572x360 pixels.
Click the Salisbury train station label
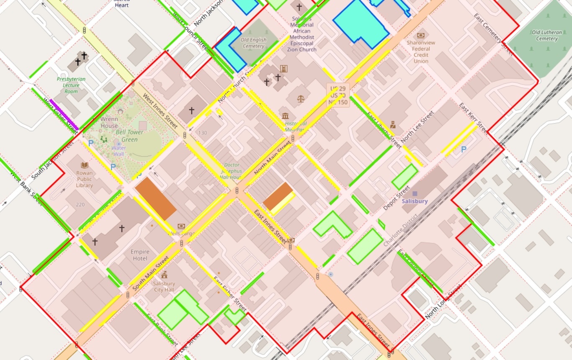click(415, 201)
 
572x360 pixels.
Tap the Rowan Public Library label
click(85, 179)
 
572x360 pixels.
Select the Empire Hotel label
click(140, 255)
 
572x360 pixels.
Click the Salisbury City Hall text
click(164, 286)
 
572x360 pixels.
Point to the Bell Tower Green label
click(129, 136)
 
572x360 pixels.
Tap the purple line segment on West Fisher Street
click(64, 115)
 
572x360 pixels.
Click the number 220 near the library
click(80, 205)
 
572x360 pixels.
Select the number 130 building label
click(203, 133)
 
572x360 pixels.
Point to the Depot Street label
click(397, 198)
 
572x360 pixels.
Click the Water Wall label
click(119, 151)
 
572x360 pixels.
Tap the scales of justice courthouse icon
click(301, 99)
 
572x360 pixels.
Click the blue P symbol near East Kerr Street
click(464, 149)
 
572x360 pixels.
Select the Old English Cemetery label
click(253, 43)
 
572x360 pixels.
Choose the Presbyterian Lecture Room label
click(71, 85)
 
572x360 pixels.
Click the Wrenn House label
click(109, 122)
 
